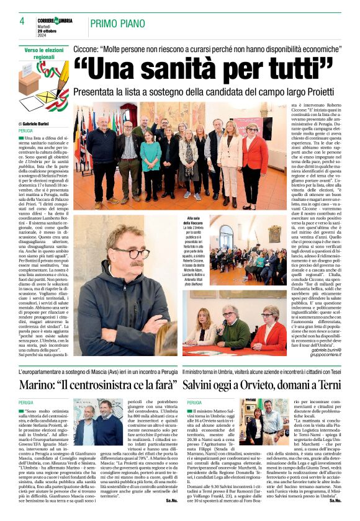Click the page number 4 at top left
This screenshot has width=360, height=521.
pos(22,21)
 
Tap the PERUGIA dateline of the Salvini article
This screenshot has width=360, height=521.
pos(194,403)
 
